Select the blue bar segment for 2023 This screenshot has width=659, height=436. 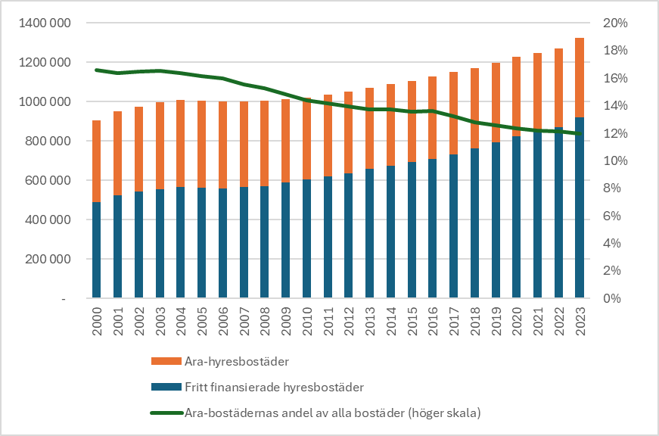[x=579, y=208]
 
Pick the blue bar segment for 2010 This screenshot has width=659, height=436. [x=306, y=239]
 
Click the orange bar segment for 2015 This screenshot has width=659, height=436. [x=412, y=121]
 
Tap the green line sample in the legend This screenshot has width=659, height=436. [x=166, y=413]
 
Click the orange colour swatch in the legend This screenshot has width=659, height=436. [x=166, y=361]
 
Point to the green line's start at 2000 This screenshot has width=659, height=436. [x=96, y=70]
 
